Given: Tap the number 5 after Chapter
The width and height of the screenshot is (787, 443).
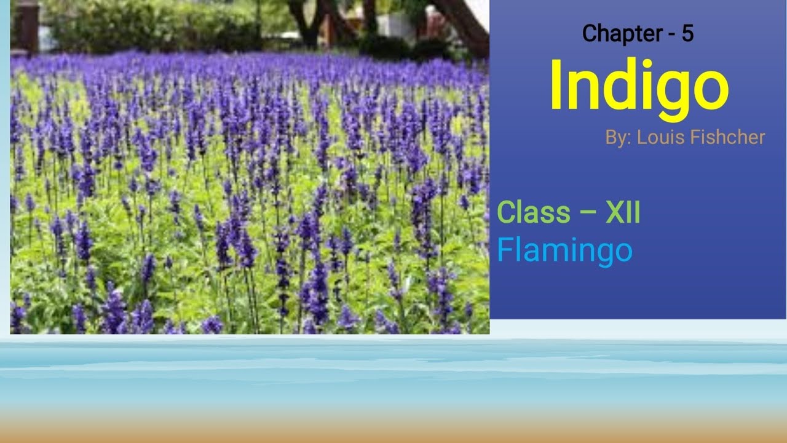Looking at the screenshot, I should coord(687,34).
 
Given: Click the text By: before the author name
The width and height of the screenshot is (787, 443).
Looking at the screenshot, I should coord(619,137).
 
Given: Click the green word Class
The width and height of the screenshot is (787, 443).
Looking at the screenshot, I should coord(533,213).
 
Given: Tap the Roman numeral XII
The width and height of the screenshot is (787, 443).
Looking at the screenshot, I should coord(622,213).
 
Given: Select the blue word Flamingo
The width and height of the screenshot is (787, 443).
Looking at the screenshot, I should coord(564,250).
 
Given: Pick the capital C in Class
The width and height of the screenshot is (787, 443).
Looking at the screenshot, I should coord(507,213).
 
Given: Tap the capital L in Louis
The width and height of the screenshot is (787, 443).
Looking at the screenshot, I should coord(641,137).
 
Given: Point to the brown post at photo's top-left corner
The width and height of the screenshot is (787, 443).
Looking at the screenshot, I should coord(26,25).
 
